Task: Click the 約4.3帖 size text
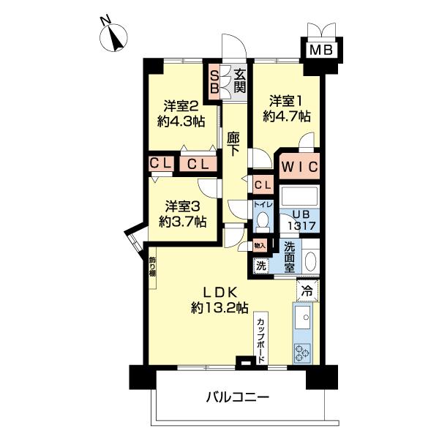coord(179,122)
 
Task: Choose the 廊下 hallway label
coord(233,143)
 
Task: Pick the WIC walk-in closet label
coord(299,166)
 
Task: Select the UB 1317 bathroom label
coord(300,220)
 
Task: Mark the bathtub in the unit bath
coord(299,197)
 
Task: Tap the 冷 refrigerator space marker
coord(308,290)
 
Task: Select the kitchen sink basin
coord(303,319)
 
